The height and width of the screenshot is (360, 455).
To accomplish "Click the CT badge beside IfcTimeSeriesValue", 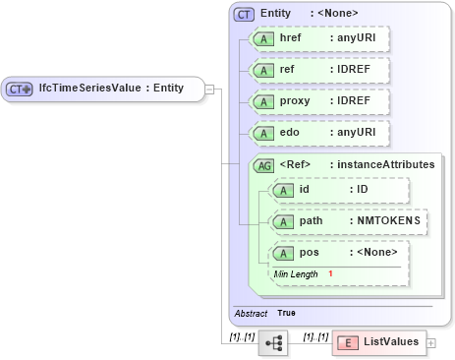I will (20, 89).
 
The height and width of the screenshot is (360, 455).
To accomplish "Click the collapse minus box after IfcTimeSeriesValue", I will (209, 89).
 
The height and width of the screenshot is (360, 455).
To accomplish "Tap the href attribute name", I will (291, 38).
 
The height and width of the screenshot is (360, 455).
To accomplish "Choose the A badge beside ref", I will (263, 71).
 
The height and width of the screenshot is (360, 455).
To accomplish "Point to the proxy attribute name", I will (296, 102).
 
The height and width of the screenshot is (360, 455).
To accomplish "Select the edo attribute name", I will (290, 134).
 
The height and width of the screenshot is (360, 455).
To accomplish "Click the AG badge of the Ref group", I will (263, 165).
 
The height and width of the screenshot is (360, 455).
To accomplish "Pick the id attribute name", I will (306, 190).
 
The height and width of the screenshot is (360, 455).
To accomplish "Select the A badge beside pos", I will (283, 253).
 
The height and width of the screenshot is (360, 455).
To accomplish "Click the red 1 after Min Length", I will (331, 273).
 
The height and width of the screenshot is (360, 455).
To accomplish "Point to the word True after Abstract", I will (286, 313).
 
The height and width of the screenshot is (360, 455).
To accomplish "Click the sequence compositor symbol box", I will (272, 343).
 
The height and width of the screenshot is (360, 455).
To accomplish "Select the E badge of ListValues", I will (347, 342).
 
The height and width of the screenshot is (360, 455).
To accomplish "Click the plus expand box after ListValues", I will (430, 342).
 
